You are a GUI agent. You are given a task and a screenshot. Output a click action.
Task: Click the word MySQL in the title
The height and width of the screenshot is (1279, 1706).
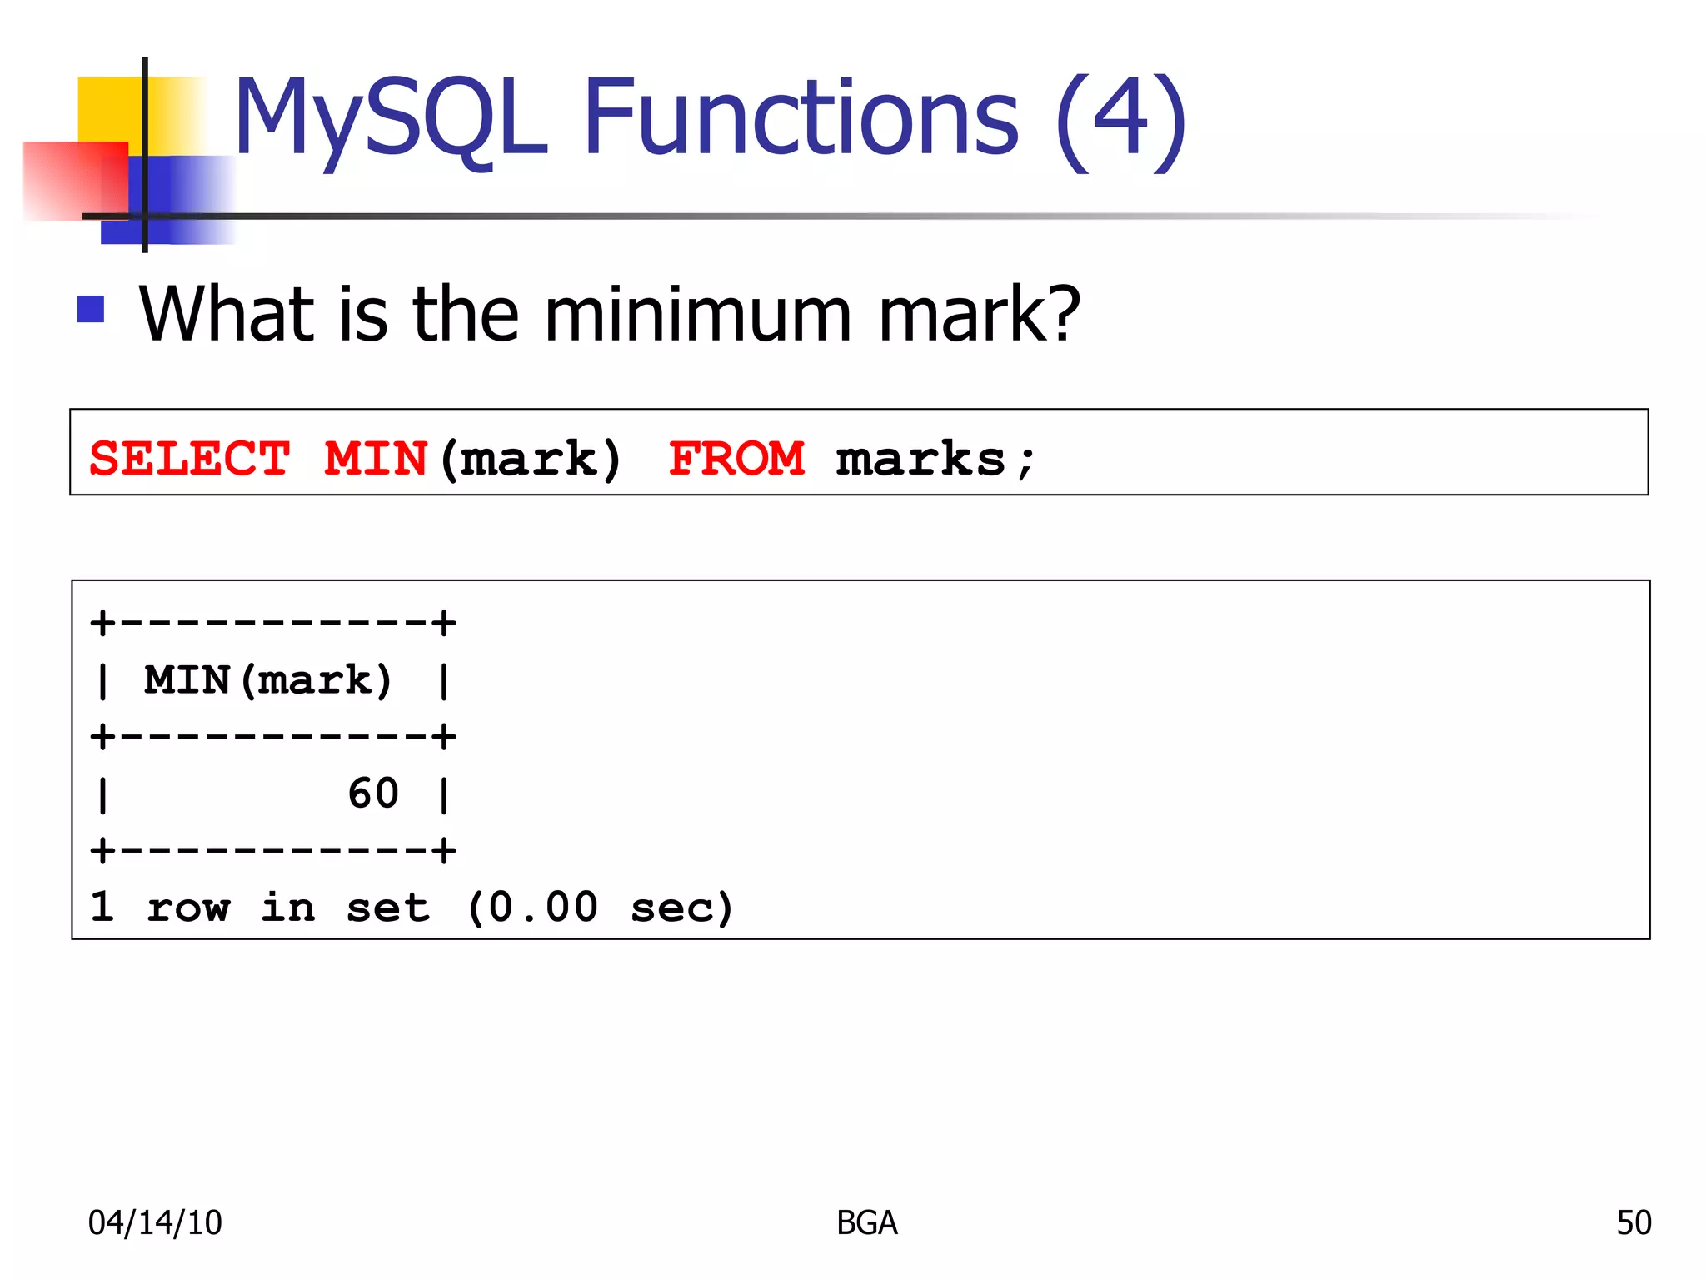tap(390, 118)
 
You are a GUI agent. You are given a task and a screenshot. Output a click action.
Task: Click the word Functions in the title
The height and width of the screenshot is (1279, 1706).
tap(800, 118)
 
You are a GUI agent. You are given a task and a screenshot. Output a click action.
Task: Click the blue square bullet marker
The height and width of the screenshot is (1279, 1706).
tap(91, 310)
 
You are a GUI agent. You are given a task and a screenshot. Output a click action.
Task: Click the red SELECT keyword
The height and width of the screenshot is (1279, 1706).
tap(190, 459)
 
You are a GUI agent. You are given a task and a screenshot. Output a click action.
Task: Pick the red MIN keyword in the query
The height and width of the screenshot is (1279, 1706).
tap(375, 459)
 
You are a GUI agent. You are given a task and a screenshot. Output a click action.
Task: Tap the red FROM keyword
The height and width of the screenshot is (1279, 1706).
tap(736, 459)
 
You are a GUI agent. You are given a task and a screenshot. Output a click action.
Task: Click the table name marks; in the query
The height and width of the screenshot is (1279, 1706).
tap(935, 459)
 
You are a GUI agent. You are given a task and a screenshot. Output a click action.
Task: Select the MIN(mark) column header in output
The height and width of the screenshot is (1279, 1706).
tap(268, 680)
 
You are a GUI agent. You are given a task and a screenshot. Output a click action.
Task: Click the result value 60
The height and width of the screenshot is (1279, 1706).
tap(373, 793)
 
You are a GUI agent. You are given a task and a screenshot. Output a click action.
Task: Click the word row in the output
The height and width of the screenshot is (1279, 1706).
tap(188, 907)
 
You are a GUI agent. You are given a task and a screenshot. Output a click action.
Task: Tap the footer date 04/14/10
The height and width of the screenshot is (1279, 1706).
tap(155, 1222)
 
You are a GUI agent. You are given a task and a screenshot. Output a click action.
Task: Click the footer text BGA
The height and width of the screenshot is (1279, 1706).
tap(866, 1222)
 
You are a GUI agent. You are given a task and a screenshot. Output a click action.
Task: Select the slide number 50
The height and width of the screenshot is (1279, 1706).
tap(1634, 1222)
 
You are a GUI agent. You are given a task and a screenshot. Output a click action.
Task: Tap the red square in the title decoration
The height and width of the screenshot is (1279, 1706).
tap(73, 180)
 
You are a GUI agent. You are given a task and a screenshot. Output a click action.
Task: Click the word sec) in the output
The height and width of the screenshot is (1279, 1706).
tap(681, 907)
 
